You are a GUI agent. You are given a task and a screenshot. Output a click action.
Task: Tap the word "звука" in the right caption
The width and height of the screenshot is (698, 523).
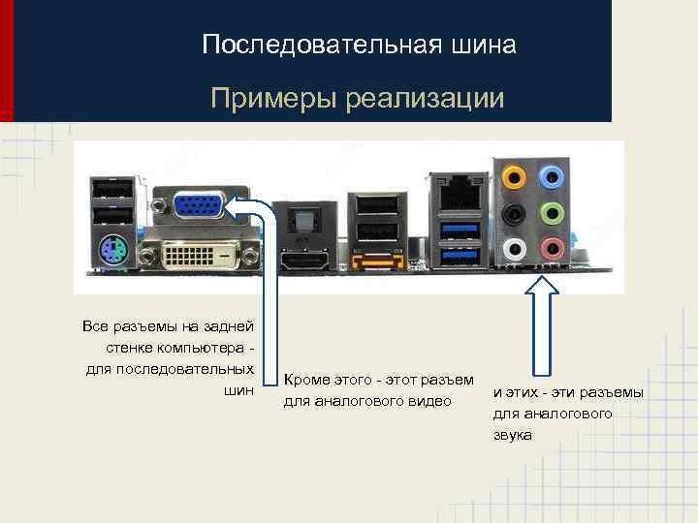click(512, 436)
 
